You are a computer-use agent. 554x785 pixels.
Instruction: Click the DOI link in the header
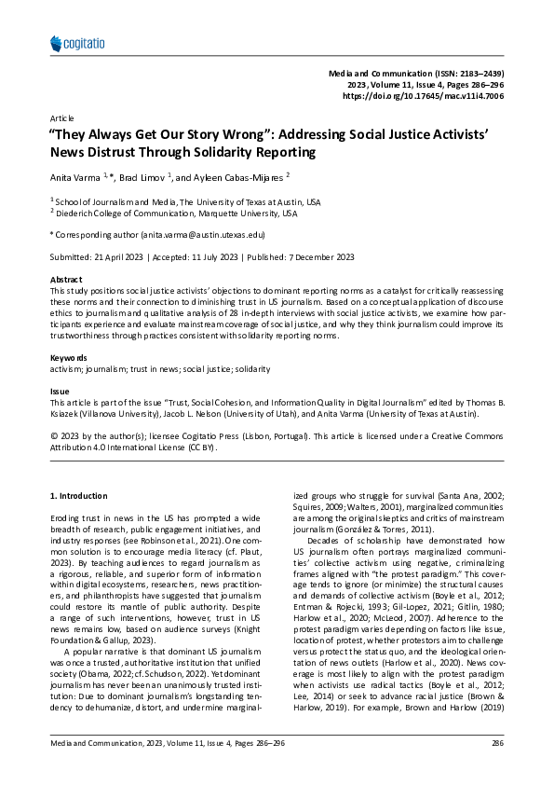(424, 96)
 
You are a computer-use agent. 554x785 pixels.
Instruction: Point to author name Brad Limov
(142, 176)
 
